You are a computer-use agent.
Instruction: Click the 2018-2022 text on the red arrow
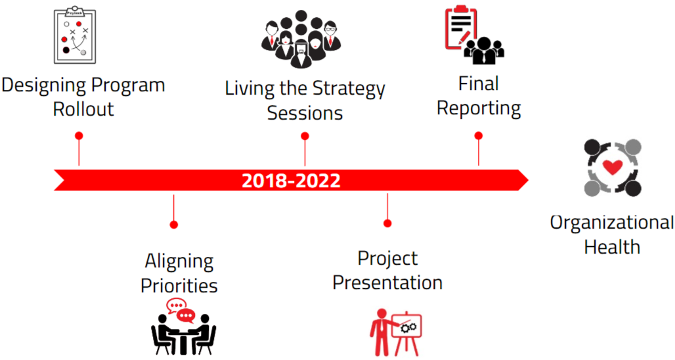[291, 181]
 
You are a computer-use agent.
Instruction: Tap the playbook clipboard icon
[75, 35]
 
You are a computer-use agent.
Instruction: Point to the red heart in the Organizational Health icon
[613, 167]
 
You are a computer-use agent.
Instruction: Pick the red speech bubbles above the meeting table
[181, 311]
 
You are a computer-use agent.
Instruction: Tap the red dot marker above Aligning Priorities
[174, 225]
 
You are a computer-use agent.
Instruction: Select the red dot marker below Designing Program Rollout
[79, 136]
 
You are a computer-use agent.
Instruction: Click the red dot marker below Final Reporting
[479, 136]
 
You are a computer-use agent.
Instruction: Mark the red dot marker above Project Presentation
[387, 223]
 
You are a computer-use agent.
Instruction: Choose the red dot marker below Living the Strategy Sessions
[305, 137]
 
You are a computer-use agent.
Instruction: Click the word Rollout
[83, 109]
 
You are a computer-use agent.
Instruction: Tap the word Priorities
[179, 286]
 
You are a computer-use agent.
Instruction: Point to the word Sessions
[305, 113]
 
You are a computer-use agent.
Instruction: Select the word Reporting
[479, 108]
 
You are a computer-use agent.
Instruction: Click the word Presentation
[387, 283]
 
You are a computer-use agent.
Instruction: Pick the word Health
[612, 247]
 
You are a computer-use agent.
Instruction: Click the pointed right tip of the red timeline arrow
[528, 181]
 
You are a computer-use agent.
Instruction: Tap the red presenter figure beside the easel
[380, 332]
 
